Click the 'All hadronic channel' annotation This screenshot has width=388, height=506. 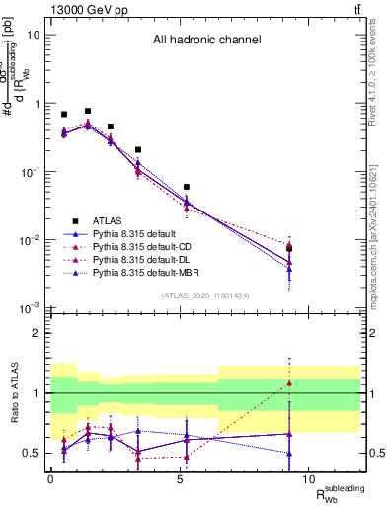tap(205, 41)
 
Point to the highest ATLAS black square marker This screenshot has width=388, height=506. tap(88, 112)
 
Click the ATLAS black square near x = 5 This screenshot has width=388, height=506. tap(186, 187)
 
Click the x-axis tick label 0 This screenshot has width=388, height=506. tap(50, 478)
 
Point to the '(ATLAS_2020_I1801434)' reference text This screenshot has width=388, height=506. tap(205, 296)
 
